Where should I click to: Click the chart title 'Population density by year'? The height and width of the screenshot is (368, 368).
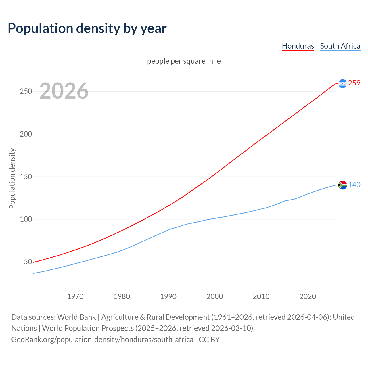pyautogui.click(x=87, y=28)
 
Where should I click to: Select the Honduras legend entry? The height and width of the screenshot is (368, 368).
pyautogui.click(x=298, y=46)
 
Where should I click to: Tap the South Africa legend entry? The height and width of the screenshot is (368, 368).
pyautogui.click(x=340, y=46)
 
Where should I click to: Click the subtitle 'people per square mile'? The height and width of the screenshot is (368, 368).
pyautogui.click(x=184, y=61)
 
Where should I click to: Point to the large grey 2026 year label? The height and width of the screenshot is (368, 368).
pyautogui.click(x=64, y=91)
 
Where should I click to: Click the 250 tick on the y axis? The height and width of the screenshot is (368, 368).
pyautogui.click(x=26, y=91)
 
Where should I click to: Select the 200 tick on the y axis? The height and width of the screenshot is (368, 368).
pyautogui.click(x=26, y=134)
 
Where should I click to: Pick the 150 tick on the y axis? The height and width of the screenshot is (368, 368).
pyautogui.click(x=26, y=177)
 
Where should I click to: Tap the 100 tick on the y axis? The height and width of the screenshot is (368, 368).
pyautogui.click(x=26, y=219)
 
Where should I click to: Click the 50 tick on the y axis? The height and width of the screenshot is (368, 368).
pyautogui.click(x=28, y=262)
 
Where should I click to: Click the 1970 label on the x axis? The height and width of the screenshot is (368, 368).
pyautogui.click(x=75, y=296)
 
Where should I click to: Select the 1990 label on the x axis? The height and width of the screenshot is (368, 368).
pyautogui.click(x=168, y=296)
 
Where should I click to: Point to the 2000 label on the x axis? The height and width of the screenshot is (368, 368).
pyautogui.click(x=215, y=296)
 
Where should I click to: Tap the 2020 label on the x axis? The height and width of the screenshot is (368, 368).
pyautogui.click(x=308, y=296)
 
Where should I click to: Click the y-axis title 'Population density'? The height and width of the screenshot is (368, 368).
pyautogui.click(x=12, y=178)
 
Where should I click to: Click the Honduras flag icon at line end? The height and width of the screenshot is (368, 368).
pyautogui.click(x=342, y=83)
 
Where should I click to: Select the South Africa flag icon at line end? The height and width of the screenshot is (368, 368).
pyautogui.click(x=342, y=185)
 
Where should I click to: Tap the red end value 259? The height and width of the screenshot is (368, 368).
pyautogui.click(x=354, y=83)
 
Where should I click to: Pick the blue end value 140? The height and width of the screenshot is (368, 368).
pyautogui.click(x=354, y=185)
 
